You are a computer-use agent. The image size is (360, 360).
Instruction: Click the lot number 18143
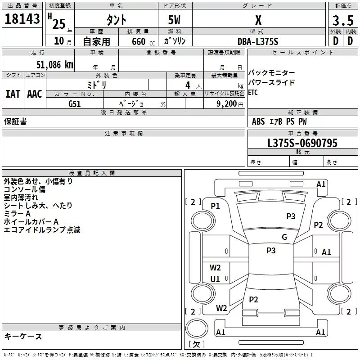click(x=22, y=19)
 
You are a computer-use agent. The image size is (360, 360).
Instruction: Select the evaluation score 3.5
click(x=342, y=20)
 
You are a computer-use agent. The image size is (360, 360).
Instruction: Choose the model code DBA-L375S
click(x=258, y=41)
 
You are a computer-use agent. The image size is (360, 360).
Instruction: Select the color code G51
click(x=75, y=104)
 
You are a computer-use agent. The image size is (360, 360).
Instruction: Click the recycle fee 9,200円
click(x=229, y=104)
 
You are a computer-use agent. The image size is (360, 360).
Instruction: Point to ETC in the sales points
click(x=253, y=93)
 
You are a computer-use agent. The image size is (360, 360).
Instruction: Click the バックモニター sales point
click(x=272, y=73)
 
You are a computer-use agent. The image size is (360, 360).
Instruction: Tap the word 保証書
click(x=15, y=121)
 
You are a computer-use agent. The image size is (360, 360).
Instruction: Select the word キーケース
click(x=23, y=336)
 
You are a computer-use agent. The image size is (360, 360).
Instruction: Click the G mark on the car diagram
click(x=284, y=237)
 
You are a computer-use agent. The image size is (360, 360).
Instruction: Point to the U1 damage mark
click(x=215, y=279)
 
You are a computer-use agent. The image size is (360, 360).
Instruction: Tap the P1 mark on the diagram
click(x=215, y=206)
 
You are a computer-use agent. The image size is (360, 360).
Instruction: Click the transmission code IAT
click(x=13, y=94)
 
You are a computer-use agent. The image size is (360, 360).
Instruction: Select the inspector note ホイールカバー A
click(x=31, y=221)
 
